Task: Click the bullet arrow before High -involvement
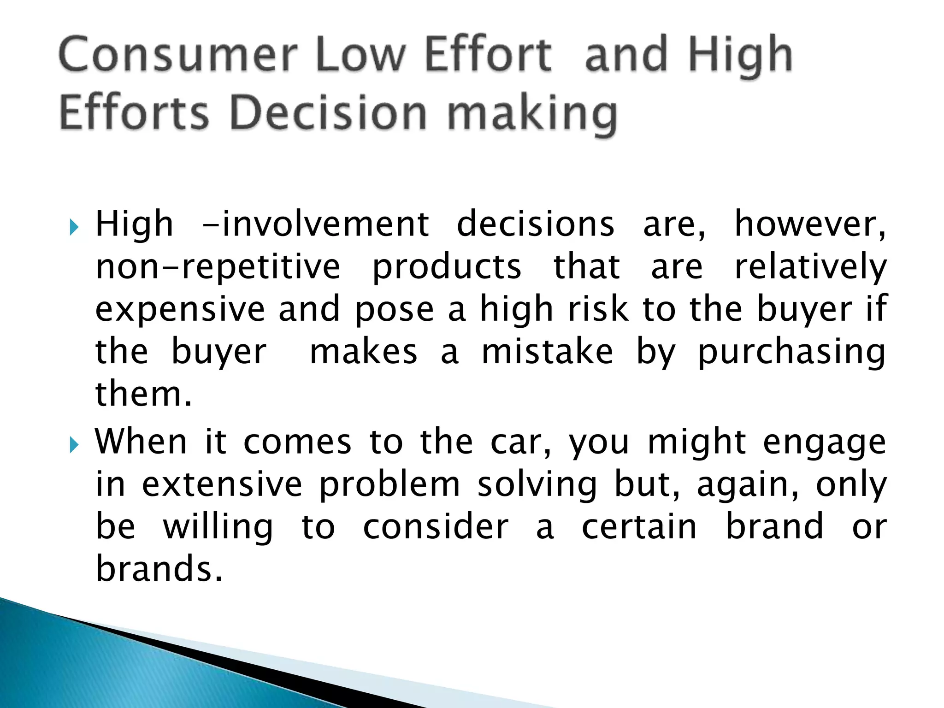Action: (74, 227)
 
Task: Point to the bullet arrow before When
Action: (74, 445)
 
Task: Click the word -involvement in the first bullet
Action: (316, 224)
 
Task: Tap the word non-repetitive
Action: (218, 267)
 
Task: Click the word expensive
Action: (180, 310)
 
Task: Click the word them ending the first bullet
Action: (143, 395)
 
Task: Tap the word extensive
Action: (222, 485)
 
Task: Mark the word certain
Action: (639, 527)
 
